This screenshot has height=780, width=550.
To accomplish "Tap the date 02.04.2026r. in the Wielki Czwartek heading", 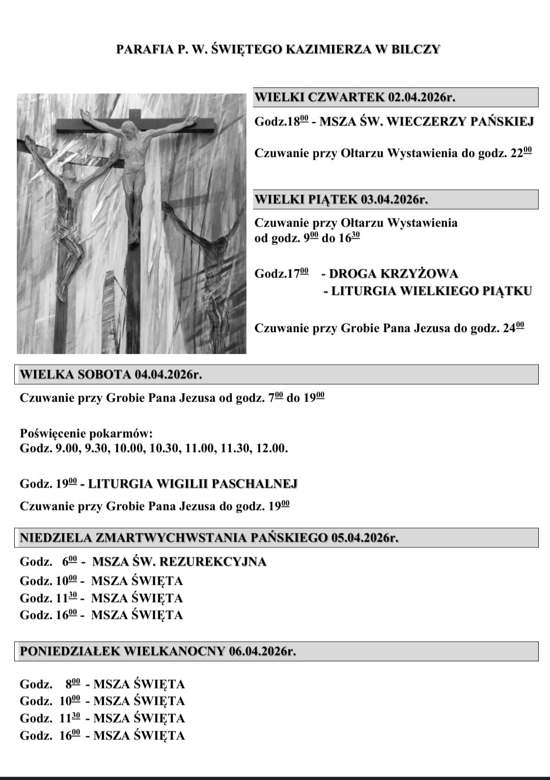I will tap(421, 97).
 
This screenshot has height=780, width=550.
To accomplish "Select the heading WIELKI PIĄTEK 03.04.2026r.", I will tap(341, 199).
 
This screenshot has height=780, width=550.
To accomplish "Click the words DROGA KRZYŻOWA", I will tap(394, 274).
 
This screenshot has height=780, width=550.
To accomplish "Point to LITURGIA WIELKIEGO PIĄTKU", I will tap(431, 291).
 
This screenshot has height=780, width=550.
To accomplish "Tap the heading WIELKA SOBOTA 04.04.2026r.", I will tap(111, 374).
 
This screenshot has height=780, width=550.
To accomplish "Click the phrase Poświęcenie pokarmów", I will tap(86, 434).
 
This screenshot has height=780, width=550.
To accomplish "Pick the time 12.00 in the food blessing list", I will tap(272, 448).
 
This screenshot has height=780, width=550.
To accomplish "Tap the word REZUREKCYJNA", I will tap(213, 562).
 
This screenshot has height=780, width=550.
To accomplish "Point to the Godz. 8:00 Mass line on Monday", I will tap(102, 684).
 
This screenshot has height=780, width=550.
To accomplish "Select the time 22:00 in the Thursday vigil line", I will tap(521, 153).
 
